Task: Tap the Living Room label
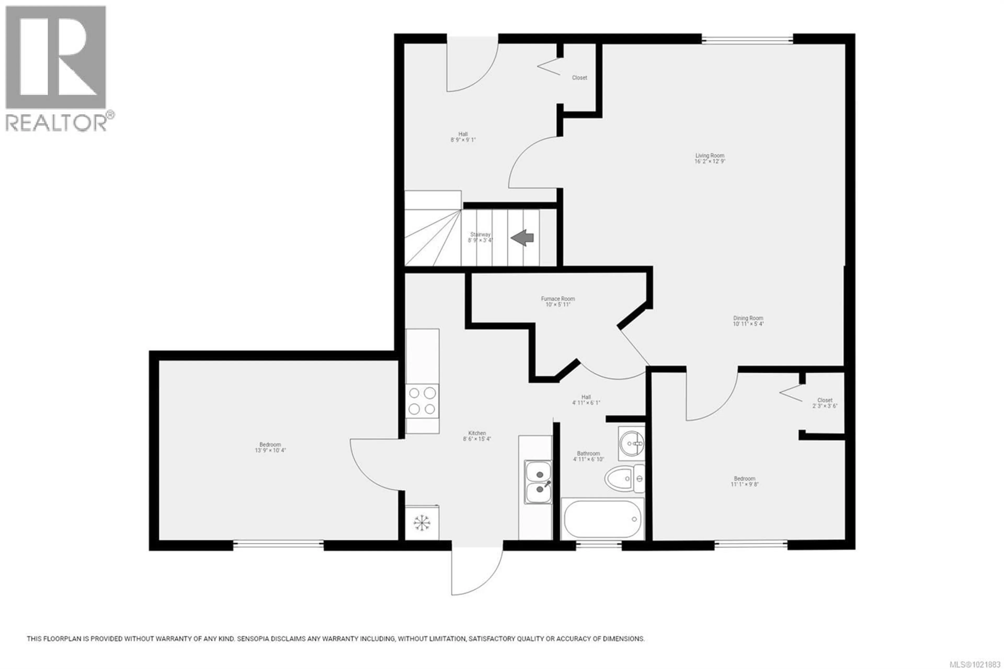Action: tap(710, 156)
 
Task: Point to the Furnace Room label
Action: tap(558, 299)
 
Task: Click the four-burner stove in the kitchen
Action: tap(422, 401)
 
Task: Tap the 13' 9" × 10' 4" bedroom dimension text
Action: tap(270, 450)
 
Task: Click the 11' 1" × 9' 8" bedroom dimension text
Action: tap(744, 484)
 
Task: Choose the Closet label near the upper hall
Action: tap(579, 78)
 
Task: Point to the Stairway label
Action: tap(480, 234)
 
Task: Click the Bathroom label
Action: tap(588, 453)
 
